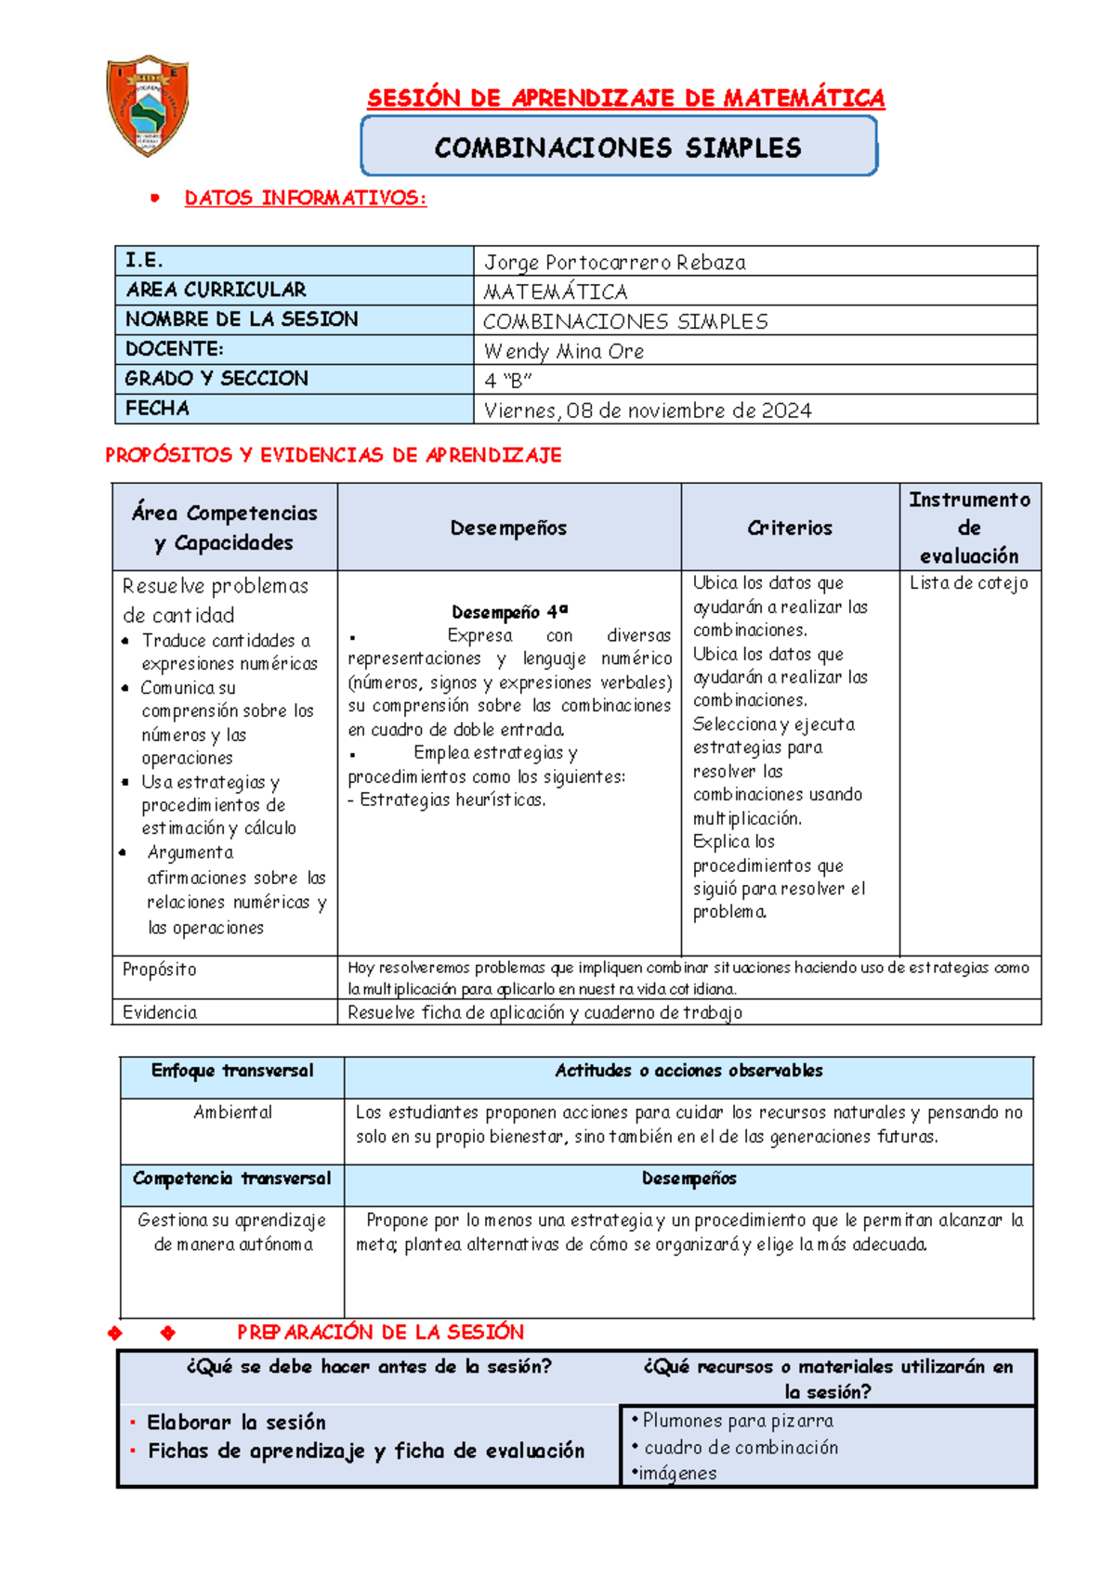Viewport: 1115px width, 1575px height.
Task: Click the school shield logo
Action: click(x=148, y=104)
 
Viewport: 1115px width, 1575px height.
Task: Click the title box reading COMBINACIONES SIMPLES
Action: click(x=618, y=148)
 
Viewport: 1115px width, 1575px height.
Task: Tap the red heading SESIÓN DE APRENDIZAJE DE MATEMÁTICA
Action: click(x=625, y=98)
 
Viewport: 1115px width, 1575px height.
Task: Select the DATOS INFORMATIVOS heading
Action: click(x=305, y=198)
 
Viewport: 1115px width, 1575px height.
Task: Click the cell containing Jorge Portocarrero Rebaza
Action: click(x=614, y=263)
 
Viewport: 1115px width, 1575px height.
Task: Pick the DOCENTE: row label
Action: click(x=175, y=349)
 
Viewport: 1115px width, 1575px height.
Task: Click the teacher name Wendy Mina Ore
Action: click(x=564, y=351)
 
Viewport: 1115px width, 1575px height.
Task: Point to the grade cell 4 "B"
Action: click(x=507, y=381)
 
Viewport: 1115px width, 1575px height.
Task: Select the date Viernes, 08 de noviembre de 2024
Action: click(x=648, y=410)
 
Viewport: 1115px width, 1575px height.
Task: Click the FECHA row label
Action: click(x=158, y=409)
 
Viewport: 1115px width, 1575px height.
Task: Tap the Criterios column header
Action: click(x=790, y=527)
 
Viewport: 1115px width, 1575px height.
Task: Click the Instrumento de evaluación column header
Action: click(x=969, y=527)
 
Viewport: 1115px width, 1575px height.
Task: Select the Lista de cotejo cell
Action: click(x=968, y=583)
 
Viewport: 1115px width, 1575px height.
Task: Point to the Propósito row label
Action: click(x=160, y=970)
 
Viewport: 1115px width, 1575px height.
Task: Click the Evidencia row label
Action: click(x=160, y=1012)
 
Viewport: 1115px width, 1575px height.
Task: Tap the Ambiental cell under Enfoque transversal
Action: click(x=232, y=1113)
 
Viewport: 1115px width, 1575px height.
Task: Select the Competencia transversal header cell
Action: click(x=231, y=1178)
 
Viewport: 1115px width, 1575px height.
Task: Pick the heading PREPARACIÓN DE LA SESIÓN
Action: click(x=380, y=1332)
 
